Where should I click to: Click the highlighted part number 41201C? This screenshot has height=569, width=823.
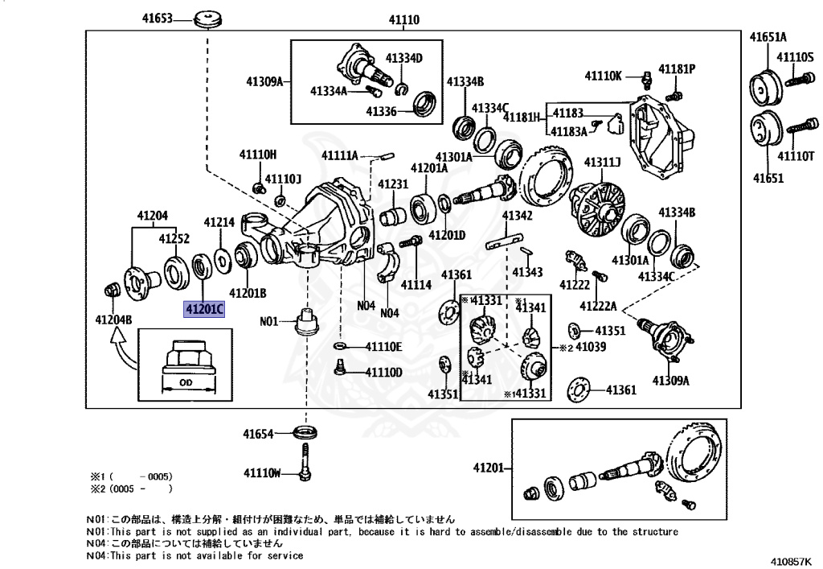pyautogui.click(x=204, y=309)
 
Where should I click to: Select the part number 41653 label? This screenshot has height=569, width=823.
pyautogui.click(x=158, y=18)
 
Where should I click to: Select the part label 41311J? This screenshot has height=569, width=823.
pyautogui.click(x=602, y=163)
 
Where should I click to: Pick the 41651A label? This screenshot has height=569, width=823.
pyautogui.click(x=768, y=37)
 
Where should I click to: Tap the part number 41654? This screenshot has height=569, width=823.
pyautogui.click(x=260, y=434)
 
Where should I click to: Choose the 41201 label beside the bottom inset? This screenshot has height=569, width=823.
pyautogui.click(x=488, y=468)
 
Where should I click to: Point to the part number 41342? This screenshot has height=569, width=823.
pyautogui.click(x=517, y=216)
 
